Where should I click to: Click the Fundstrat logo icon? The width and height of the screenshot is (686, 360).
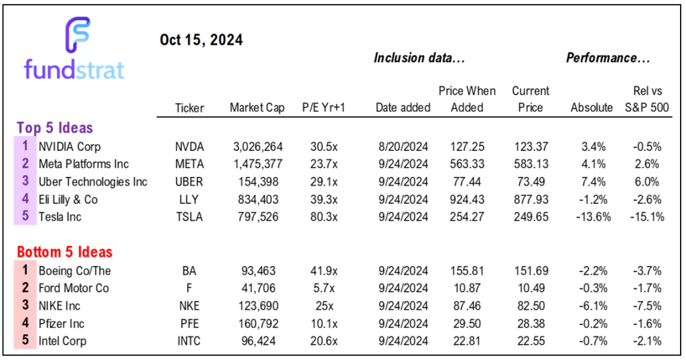pos(78,35)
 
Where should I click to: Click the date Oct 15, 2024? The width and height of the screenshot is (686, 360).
pos(201,40)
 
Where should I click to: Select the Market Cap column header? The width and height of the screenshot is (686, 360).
pos(257,108)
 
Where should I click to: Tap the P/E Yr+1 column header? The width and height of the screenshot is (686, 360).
pos(323,108)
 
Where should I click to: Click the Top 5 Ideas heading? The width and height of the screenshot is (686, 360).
pos(54,127)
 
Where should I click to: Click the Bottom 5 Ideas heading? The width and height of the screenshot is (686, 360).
pos(64,252)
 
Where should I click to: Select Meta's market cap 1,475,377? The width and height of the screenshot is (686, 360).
pos(257,164)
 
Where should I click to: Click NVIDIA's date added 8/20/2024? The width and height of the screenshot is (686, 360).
pos(403,145)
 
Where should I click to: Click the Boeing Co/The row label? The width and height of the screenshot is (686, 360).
pos(74,270)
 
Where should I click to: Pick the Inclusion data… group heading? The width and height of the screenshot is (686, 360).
pos(419,58)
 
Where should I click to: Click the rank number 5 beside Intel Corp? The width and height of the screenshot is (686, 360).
pos(25,341)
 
